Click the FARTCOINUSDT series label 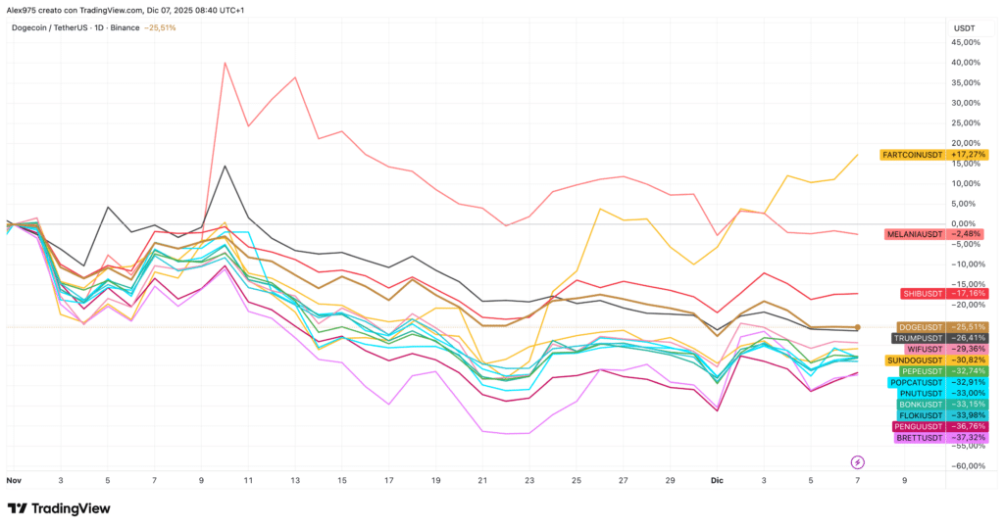[x=913, y=155]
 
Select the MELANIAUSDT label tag [x=915, y=234]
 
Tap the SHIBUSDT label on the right [x=923, y=294]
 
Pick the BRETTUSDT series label [x=920, y=438]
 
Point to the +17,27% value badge [x=968, y=155]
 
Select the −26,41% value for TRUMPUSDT [x=968, y=338]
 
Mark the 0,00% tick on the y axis [x=967, y=224]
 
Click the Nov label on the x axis [x=14, y=480]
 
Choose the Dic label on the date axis [x=717, y=480]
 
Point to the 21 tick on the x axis [x=482, y=480]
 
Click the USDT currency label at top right [x=965, y=28]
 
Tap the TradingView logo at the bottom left [x=59, y=508]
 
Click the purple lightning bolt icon [x=857, y=462]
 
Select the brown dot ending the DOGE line [x=857, y=327]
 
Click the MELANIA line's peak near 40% [x=225, y=63]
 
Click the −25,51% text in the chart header [x=160, y=28]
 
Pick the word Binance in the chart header [x=125, y=28]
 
